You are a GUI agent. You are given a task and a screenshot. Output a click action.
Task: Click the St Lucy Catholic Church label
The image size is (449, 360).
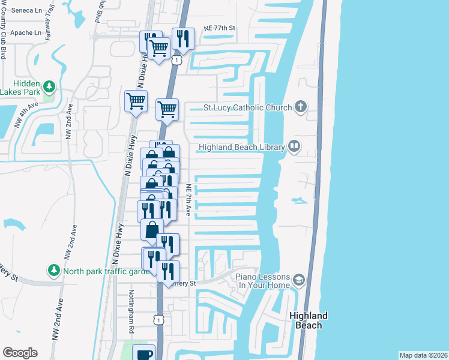pos(246,108)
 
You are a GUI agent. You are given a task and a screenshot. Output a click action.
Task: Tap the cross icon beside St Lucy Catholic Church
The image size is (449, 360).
pos(301,107)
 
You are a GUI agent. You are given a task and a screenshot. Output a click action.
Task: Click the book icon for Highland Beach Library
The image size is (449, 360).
pos(294,146)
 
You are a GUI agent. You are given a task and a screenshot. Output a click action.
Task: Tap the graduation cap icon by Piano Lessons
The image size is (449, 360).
pos(299,280)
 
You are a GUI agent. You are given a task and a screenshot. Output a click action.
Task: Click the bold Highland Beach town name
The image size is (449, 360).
pos(309,320)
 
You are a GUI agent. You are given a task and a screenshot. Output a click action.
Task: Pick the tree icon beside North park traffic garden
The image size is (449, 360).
pos(54,271)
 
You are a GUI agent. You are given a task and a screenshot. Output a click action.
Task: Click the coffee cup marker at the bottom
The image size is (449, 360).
pos(144,353)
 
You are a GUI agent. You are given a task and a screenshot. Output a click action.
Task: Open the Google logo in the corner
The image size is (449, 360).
pos(20,353)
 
